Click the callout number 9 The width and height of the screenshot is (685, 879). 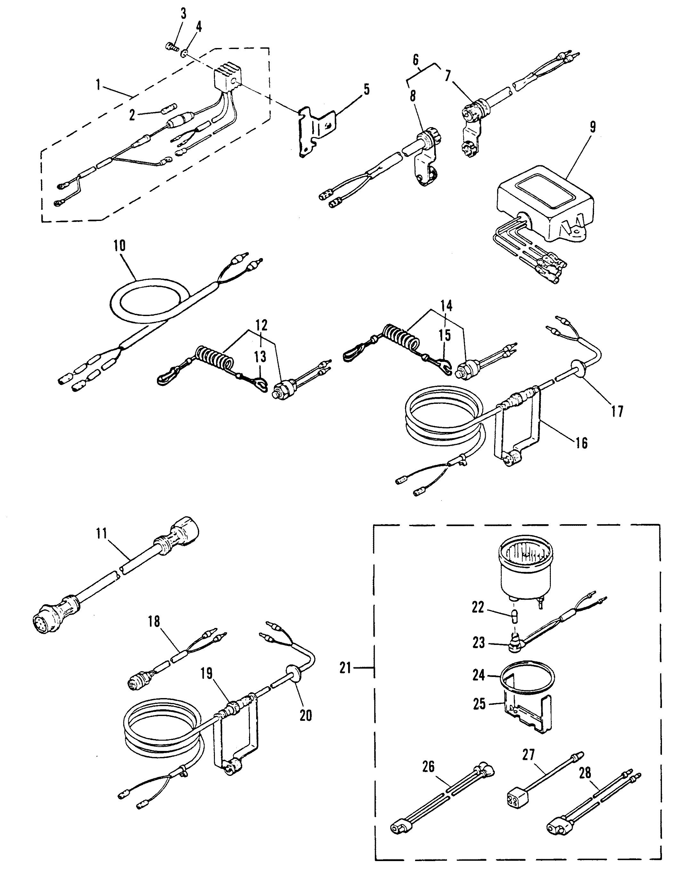point(593,127)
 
